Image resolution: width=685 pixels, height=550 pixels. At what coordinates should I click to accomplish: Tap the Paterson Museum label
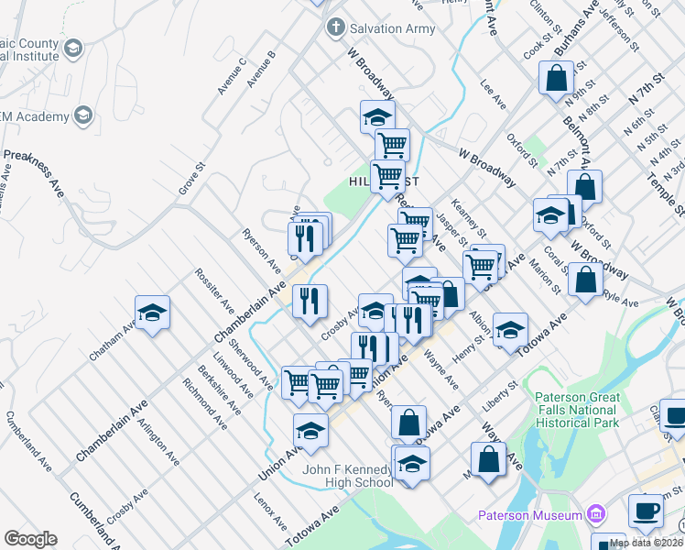click(529, 515)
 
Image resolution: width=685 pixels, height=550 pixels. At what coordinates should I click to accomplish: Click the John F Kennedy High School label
click(348, 477)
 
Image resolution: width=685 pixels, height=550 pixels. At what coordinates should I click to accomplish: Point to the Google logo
click(30, 539)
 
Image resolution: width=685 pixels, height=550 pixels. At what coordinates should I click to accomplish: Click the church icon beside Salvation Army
click(335, 28)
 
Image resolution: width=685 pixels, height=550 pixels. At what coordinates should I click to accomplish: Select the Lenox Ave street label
click(272, 513)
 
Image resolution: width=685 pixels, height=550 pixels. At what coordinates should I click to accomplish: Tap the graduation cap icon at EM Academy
click(83, 115)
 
